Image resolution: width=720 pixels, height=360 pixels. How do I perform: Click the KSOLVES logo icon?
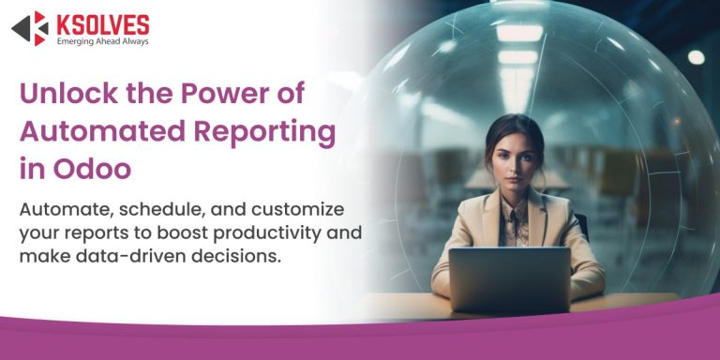click(x=29, y=27)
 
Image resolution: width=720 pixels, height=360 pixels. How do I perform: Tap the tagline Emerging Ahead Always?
click(x=102, y=40)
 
